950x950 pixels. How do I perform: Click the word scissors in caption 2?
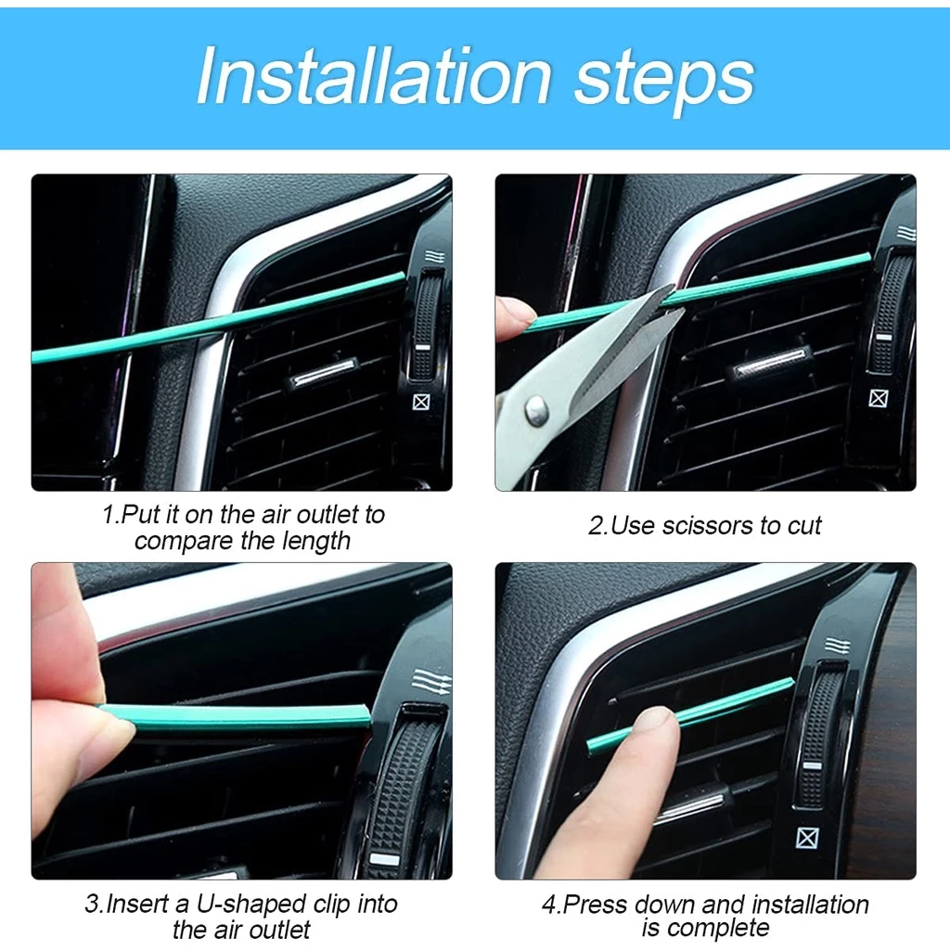(711, 526)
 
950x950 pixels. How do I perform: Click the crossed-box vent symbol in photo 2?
(879, 399)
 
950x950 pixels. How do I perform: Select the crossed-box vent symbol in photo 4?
(808, 838)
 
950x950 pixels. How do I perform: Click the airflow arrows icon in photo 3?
(431, 681)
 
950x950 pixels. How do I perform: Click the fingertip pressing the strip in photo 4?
(653, 722)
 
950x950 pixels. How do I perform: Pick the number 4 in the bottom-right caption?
(549, 905)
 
